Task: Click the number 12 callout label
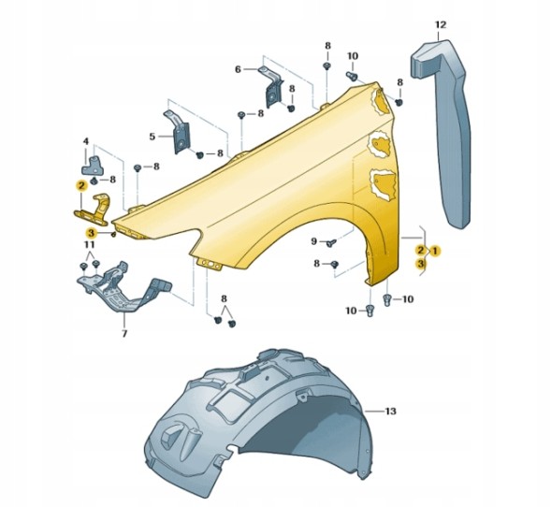click(x=441, y=25)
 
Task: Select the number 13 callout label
click(x=390, y=411)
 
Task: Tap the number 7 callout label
click(x=124, y=333)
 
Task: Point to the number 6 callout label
click(x=238, y=69)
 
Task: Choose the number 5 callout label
click(x=152, y=137)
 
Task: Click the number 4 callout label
click(x=86, y=141)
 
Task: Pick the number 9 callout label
click(x=313, y=241)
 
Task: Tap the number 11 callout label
click(x=89, y=244)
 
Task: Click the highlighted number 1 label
click(x=435, y=251)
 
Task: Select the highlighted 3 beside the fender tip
click(x=91, y=233)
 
